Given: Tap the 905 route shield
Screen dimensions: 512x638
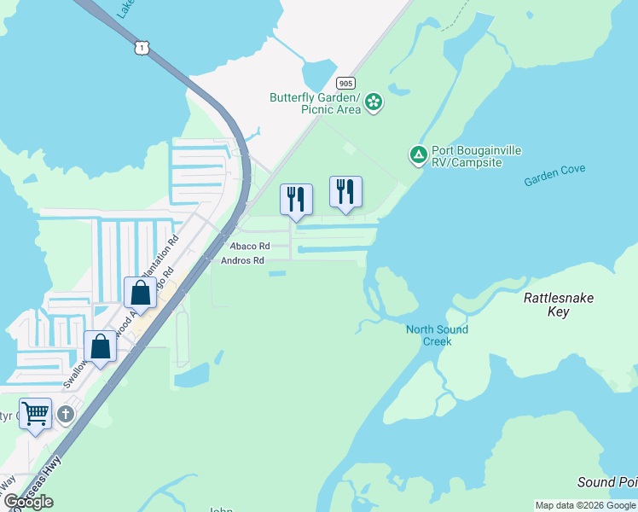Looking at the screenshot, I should (345, 83).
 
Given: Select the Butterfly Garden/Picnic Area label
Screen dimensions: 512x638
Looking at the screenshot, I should (315, 103).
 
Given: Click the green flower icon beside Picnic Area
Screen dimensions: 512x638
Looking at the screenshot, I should (373, 103).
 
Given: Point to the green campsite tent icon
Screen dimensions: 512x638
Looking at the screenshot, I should (418, 155).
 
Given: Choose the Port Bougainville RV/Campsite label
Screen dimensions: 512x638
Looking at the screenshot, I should (476, 156).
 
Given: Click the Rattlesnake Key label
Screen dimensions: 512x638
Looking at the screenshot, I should (558, 305).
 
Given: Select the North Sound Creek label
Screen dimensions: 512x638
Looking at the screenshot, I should (437, 335).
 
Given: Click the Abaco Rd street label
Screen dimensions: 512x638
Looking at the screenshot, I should (251, 246).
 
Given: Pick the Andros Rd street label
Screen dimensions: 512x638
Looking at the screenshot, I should (242, 260).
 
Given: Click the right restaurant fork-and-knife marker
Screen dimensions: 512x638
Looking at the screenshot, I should (345, 191).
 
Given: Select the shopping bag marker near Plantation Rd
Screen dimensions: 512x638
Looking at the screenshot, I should (140, 293).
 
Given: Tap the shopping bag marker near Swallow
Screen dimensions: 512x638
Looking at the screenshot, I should (100, 346).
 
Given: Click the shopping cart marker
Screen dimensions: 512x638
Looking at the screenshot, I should (36, 413).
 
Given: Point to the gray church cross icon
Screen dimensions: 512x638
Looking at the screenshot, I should (67, 415).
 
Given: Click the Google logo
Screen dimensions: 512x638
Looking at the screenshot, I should (28, 502).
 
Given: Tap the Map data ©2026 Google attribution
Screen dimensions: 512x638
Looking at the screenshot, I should (585, 505).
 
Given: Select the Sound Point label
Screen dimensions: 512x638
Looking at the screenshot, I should (607, 482).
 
